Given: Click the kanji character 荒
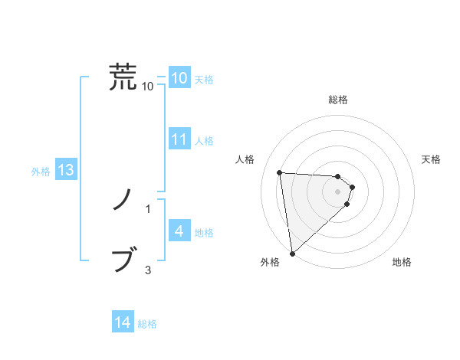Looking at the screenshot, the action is click(123, 77).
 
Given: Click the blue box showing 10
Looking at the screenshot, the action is click(179, 78).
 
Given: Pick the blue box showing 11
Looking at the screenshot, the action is click(179, 139).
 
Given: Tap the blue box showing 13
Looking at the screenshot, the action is click(65, 170).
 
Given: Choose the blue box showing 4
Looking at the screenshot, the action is click(179, 231).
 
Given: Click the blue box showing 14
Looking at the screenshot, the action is click(123, 322).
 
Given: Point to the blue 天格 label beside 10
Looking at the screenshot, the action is click(204, 80).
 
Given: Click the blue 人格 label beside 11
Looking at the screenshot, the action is click(204, 141).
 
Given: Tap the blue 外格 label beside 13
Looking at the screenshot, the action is click(41, 172).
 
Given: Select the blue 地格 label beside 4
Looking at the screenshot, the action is click(204, 232).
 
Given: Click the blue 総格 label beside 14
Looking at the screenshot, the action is click(147, 324).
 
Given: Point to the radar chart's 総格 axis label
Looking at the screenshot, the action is click(338, 100).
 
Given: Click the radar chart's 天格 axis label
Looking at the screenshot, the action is click(432, 159).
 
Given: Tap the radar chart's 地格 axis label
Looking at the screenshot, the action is click(402, 263).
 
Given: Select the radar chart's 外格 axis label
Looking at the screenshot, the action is click(270, 263).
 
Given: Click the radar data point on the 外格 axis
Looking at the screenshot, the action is click(292, 254).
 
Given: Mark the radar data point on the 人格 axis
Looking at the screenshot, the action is click(280, 172).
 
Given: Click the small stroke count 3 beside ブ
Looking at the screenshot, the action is click(148, 270).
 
